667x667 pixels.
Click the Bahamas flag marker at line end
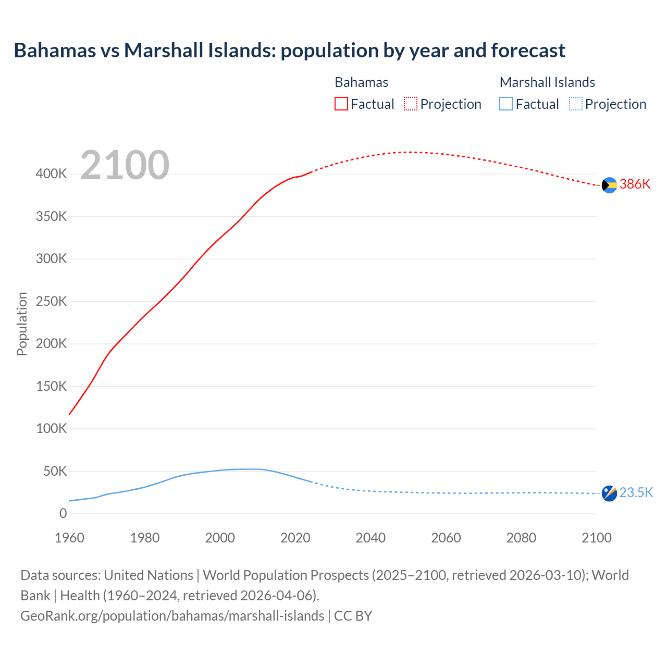[609, 185]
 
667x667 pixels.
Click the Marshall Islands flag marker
[609, 493]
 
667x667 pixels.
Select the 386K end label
[635, 184]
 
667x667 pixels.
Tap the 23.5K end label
[636, 492]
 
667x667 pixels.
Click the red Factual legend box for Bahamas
[341, 104]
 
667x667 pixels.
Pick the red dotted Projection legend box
[411, 104]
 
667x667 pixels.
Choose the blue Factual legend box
[505, 104]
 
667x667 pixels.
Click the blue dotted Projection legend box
[575, 104]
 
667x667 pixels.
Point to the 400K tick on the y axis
[51, 174]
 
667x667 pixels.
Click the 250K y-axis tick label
[51, 301]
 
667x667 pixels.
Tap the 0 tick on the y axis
[63, 513]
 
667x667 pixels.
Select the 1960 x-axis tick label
[69, 538]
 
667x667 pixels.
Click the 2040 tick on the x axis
[370, 538]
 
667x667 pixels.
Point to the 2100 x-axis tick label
[596, 538]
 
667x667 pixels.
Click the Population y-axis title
[22, 324]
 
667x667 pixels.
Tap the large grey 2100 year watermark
[125, 165]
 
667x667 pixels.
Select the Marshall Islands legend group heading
[547, 82]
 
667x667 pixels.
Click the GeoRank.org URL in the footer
[172, 616]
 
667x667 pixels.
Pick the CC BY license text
[353, 616]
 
